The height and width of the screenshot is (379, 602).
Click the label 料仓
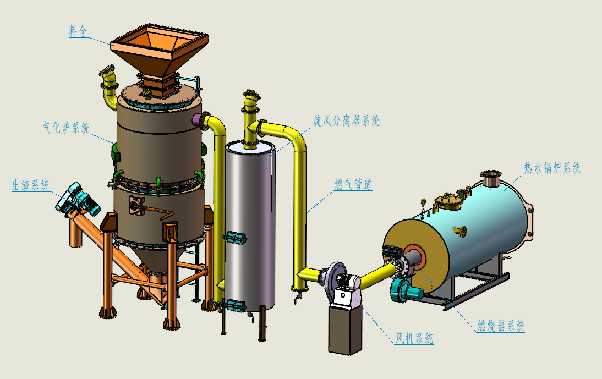[x=78, y=31]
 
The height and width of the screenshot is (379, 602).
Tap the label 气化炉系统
[x=66, y=128]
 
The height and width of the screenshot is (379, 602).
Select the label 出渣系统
[x=31, y=185]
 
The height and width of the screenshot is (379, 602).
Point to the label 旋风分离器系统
[x=346, y=121]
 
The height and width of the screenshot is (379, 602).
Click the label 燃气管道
[x=353, y=184]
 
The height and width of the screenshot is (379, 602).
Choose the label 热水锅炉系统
[x=552, y=168]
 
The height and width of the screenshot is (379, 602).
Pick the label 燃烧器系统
[x=501, y=326]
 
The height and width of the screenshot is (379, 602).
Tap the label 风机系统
[x=415, y=338]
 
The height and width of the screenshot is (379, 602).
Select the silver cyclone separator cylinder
[x=250, y=226]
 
